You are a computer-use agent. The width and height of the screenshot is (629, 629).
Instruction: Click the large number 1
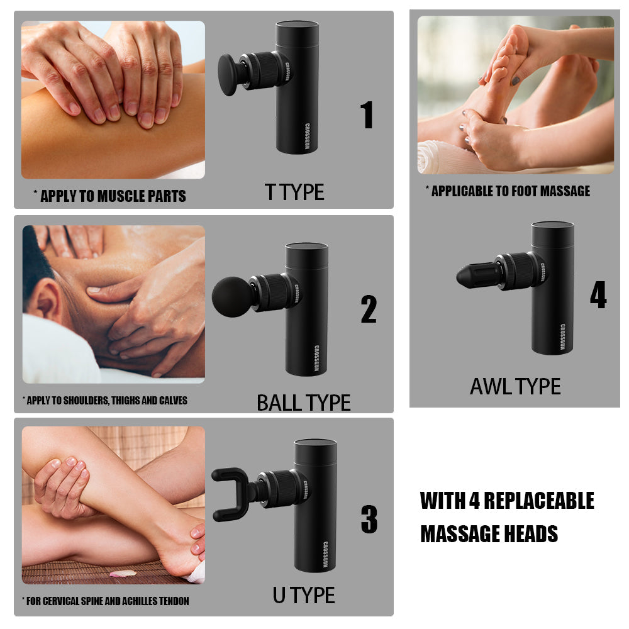point(367,114)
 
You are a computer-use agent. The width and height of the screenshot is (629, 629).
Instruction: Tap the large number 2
point(369,309)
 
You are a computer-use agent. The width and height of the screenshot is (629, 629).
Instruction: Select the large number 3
point(369,519)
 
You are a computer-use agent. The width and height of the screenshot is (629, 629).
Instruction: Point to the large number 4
point(598,294)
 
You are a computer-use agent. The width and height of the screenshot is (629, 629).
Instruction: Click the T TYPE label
point(294,192)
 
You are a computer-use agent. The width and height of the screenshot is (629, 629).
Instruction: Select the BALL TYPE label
point(304,403)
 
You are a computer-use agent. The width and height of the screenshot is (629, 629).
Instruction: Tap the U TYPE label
point(304,595)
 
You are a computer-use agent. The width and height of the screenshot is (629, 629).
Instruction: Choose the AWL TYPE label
point(515,387)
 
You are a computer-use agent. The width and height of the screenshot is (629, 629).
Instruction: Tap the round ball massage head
point(232,297)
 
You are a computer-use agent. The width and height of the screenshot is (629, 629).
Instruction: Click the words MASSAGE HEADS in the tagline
point(489,534)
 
